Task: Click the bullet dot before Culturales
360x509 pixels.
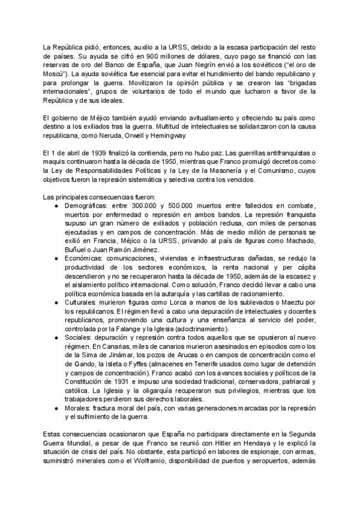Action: pyautogui.click(x=55, y=304)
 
